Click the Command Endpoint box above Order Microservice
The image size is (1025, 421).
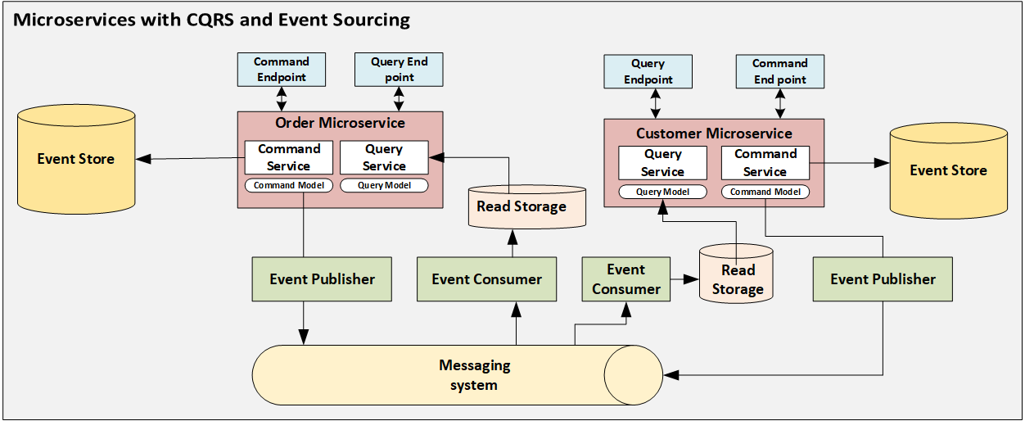click(x=281, y=70)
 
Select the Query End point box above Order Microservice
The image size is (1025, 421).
click(x=399, y=70)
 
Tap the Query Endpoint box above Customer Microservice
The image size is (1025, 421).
click(x=648, y=71)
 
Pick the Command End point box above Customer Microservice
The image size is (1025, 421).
click(x=779, y=71)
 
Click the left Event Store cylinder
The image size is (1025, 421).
click(x=75, y=159)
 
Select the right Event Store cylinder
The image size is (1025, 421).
click(x=948, y=170)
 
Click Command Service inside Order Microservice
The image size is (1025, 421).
click(x=289, y=157)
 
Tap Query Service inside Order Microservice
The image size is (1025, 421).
click(x=384, y=157)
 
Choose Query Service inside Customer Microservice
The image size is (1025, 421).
click(x=662, y=163)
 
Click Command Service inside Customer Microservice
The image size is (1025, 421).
click(x=765, y=163)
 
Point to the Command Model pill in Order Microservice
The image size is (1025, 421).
click(x=289, y=185)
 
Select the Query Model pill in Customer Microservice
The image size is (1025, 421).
click(x=662, y=192)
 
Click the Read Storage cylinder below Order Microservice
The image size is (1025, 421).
click(x=522, y=206)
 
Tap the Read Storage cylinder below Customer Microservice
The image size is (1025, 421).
click(x=737, y=279)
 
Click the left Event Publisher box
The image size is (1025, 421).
click(x=322, y=279)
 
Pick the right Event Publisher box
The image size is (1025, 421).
click(x=883, y=279)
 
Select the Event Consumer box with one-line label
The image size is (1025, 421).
click(x=486, y=279)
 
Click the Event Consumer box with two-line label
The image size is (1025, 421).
click(x=625, y=279)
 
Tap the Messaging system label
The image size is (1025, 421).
click(x=474, y=375)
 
